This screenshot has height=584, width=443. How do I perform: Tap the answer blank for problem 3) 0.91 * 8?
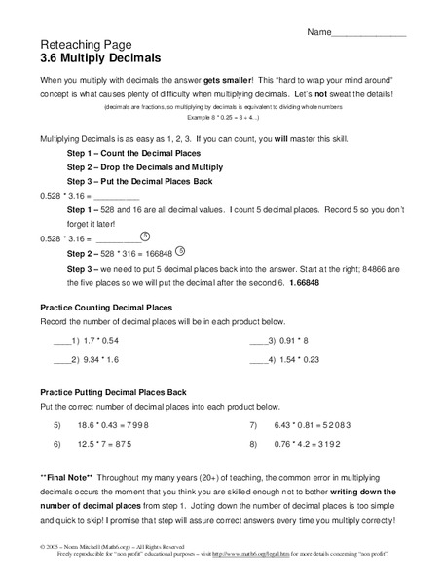[259, 342]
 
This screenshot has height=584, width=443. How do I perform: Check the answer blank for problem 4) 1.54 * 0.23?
[259, 360]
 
